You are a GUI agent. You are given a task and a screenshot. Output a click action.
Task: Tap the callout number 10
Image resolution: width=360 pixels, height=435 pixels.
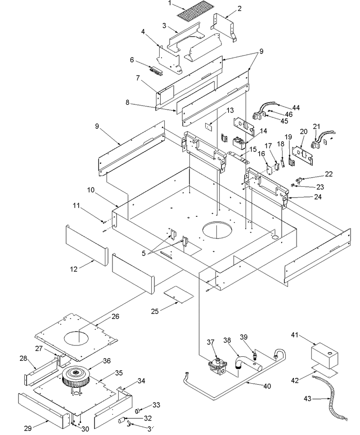(x=90, y=190)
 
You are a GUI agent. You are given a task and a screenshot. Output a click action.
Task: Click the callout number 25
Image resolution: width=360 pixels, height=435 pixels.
(x=155, y=311)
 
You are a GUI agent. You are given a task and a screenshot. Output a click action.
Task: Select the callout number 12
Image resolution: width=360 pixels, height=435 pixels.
(x=73, y=269)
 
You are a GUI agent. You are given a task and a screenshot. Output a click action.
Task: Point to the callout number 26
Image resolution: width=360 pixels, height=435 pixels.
(x=115, y=316)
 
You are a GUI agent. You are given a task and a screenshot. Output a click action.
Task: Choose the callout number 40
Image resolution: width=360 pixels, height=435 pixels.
(x=267, y=386)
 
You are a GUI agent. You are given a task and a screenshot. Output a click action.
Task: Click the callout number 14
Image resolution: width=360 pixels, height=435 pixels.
(x=263, y=130)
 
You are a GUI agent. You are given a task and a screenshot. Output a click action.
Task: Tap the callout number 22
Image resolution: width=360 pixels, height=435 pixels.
(x=328, y=174)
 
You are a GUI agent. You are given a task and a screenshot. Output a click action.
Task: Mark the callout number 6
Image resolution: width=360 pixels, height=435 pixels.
(x=132, y=60)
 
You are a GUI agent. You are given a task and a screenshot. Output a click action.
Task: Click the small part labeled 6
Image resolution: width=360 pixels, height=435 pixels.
(x=157, y=71)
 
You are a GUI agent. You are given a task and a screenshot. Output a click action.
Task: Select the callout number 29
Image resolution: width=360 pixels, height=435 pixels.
(x=28, y=428)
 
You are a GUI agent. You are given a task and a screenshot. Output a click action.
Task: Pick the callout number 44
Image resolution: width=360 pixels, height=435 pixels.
(x=296, y=108)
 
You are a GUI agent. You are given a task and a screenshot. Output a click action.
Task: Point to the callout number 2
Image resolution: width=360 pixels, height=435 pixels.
(x=239, y=9)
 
